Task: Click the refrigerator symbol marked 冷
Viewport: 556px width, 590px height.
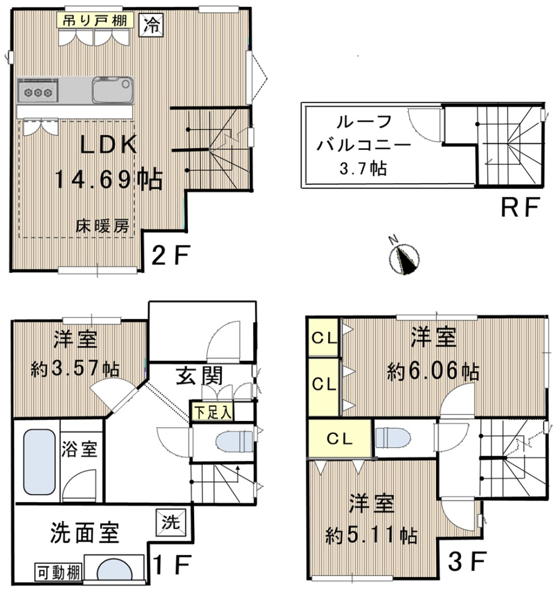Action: click(x=152, y=25)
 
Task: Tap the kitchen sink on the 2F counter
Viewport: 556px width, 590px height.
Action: click(x=113, y=90)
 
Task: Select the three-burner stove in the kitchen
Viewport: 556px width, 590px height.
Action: click(x=37, y=90)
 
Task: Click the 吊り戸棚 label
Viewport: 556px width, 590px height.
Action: click(x=95, y=20)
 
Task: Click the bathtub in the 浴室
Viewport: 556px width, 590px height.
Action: click(x=39, y=462)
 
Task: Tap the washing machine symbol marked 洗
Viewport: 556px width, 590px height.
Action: click(x=171, y=522)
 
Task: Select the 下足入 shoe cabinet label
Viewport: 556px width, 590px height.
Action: click(x=213, y=412)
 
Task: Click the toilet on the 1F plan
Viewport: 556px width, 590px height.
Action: click(x=235, y=441)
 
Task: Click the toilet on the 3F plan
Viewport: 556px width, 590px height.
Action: click(x=393, y=438)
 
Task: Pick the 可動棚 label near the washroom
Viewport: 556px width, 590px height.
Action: click(x=59, y=573)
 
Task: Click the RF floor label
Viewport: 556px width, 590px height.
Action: click(x=521, y=207)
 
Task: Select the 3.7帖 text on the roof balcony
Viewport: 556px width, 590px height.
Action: click(x=363, y=168)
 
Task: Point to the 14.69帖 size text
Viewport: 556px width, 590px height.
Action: click(x=109, y=179)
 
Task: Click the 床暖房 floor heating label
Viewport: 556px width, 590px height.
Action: click(x=103, y=226)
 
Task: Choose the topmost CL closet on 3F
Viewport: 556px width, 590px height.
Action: click(x=324, y=337)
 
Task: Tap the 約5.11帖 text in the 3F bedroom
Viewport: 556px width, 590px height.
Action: click(x=371, y=535)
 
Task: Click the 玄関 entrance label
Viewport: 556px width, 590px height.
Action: click(x=200, y=376)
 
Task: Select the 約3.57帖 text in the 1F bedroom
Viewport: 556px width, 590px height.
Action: click(x=75, y=369)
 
